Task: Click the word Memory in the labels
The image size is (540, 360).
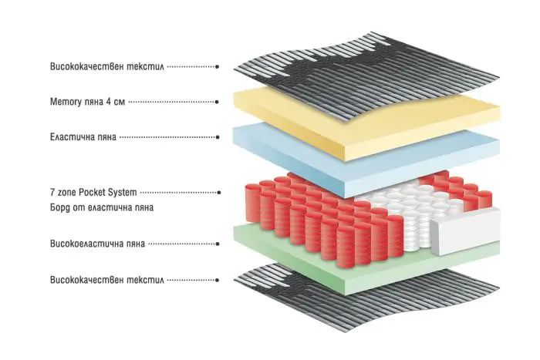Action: (64, 102)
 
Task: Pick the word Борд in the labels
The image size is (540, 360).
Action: (62, 208)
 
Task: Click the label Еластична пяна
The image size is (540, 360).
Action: (83, 138)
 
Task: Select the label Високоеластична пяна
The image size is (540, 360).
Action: (96, 244)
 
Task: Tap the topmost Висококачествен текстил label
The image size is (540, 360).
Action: (106, 67)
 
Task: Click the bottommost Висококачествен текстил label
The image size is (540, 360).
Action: (106, 279)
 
